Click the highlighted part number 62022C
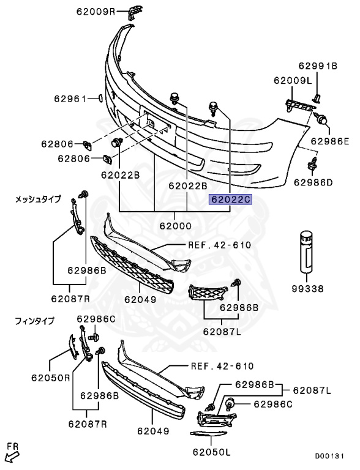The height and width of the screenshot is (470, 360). click(x=231, y=200)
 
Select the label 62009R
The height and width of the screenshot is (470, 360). click(x=96, y=12)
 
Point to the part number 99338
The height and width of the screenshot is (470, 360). click(x=308, y=289)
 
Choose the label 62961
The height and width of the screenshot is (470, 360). click(x=70, y=99)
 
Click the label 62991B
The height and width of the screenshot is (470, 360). click(x=318, y=66)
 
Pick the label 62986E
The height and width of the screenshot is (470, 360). click(x=330, y=141)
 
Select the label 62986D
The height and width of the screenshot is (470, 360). click(x=313, y=182)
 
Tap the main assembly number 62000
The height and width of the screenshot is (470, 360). click(x=176, y=226)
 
